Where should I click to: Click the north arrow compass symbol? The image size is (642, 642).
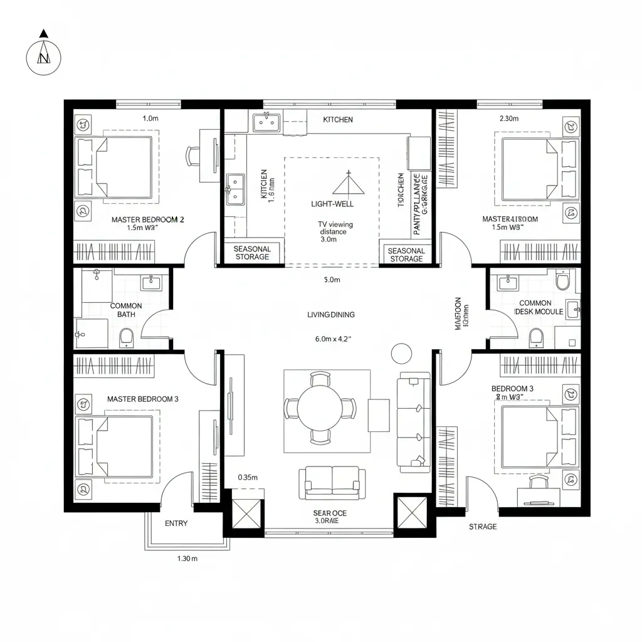[x=43, y=58]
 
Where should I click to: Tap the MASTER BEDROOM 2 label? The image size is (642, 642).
[x=147, y=220]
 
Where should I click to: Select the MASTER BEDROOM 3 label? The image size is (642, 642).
[x=143, y=399]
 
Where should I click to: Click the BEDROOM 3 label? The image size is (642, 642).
[x=512, y=389]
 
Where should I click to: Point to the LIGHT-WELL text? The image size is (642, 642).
[x=332, y=204]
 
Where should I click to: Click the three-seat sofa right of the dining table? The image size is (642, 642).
[x=414, y=421]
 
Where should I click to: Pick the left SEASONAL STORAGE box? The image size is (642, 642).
[x=252, y=253]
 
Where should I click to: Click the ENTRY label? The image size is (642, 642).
[x=176, y=524]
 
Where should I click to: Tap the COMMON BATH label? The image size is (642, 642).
[x=126, y=310]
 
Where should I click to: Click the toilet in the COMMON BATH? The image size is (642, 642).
[x=126, y=338]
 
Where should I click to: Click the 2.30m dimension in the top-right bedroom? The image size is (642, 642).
[x=508, y=118]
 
